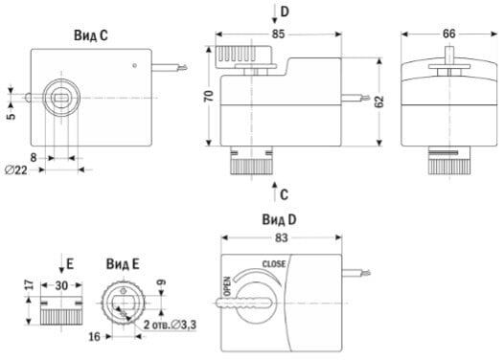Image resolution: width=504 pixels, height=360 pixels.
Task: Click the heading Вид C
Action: point(91,35)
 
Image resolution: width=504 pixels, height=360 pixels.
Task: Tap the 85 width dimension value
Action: point(278,34)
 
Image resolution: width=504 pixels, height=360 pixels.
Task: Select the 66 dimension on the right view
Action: point(448,34)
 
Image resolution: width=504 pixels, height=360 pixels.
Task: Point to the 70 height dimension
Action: point(209,97)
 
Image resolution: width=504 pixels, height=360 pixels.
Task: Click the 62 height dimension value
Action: point(379,101)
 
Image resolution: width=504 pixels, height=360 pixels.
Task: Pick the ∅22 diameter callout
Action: point(16,169)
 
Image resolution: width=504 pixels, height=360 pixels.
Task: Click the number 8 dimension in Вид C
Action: point(34,158)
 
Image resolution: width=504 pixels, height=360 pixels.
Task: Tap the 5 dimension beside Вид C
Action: point(11,116)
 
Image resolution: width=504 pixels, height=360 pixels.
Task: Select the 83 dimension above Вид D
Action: point(282,238)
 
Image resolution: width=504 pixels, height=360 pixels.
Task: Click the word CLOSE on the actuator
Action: point(274,264)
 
